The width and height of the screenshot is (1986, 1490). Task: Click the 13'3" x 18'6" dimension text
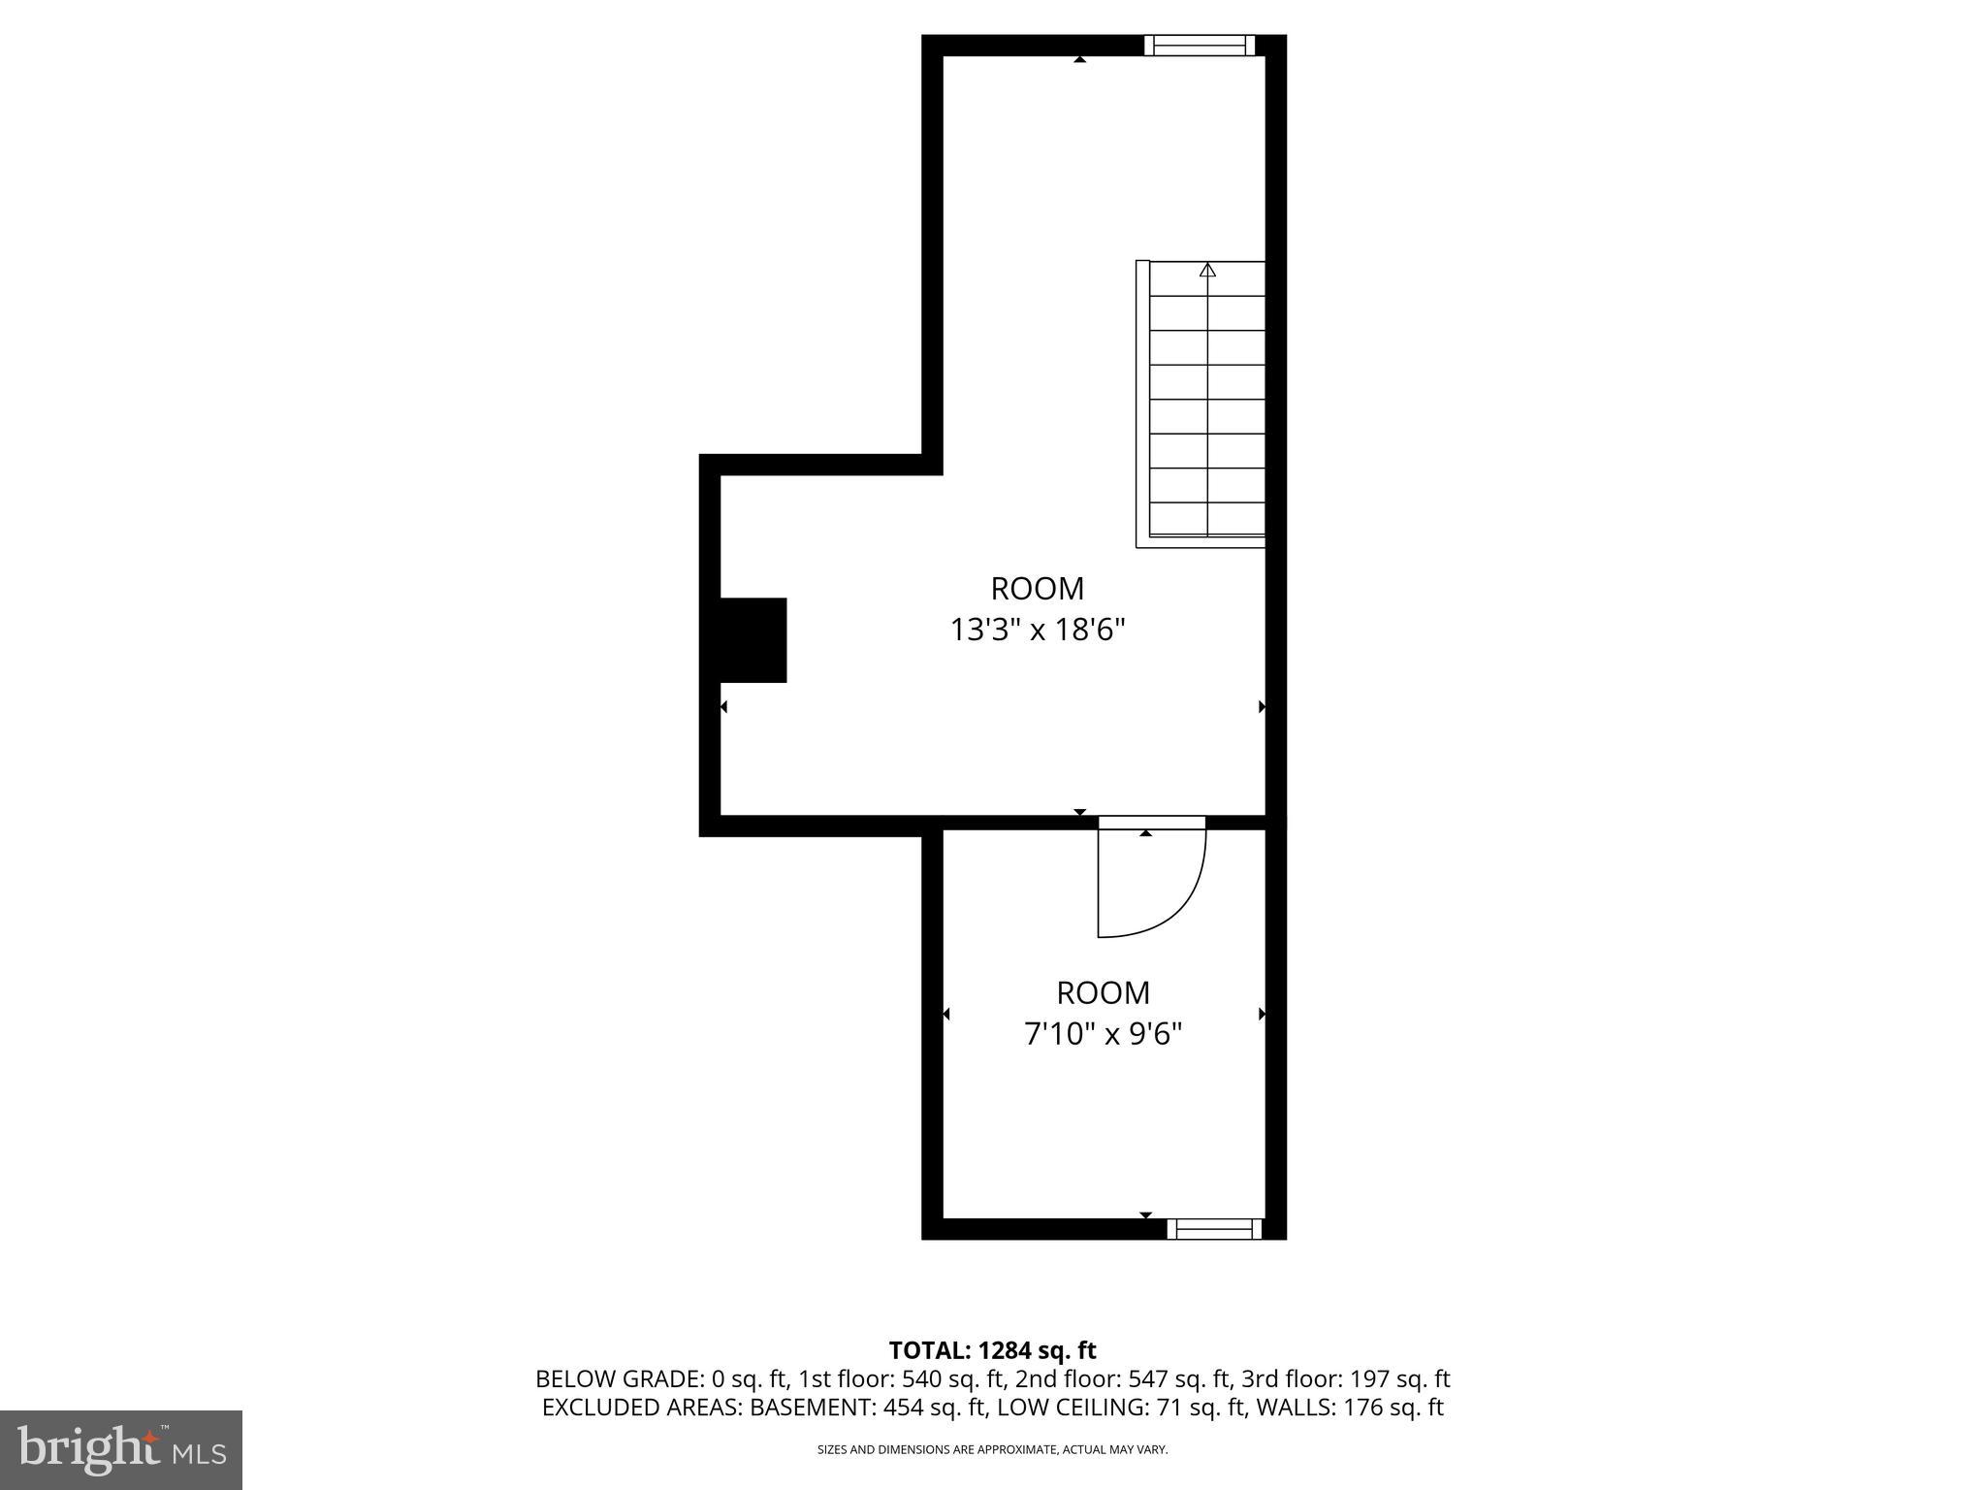click(x=1037, y=631)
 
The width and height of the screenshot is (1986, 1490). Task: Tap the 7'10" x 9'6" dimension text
click(x=1103, y=1035)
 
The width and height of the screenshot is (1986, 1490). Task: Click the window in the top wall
click(x=1199, y=46)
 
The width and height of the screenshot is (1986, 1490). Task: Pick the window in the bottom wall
click(x=1214, y=1229)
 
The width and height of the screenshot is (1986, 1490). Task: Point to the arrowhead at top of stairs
click(x=1207, y=271)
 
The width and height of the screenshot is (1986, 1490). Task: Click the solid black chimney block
click(x=753, y=640)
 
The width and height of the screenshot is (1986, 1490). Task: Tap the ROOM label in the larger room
click(x=1037, y=589)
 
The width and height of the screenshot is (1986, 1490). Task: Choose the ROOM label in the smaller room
click(x=1103, y=993)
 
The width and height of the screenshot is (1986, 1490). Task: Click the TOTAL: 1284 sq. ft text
click(x=992, y=1350)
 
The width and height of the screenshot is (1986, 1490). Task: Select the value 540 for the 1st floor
click(x=920, y=1378)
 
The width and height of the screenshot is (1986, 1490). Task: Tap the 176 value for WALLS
click(x=1361, y=1408)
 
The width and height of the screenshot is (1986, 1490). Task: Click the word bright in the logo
click(x=89, y=1449)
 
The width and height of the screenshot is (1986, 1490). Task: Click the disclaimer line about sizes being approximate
click(x=992, y=1449)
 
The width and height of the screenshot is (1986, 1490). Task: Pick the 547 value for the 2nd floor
click(x=1147, y=1378)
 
